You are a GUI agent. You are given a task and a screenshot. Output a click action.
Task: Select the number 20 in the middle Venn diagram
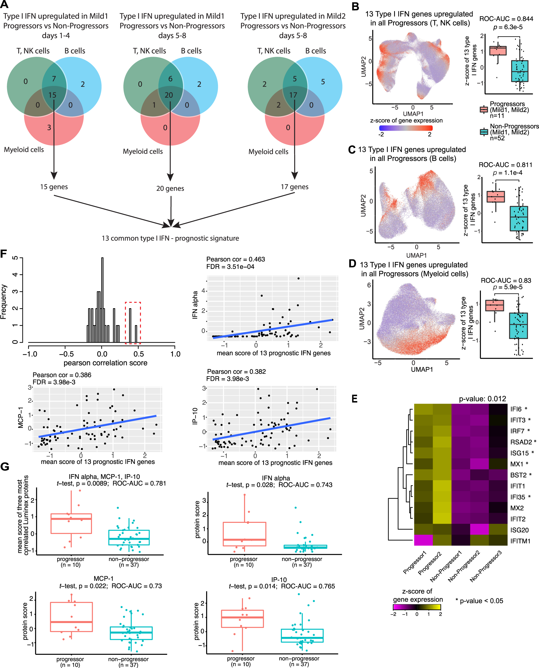(x=169, y=95)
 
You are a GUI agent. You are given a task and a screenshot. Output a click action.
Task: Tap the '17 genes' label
(x=294, y=187)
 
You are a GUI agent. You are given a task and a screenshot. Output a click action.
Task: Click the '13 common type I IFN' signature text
(x=170, y=238)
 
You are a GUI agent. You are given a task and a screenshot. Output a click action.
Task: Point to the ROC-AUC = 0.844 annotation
(x=506, y=19)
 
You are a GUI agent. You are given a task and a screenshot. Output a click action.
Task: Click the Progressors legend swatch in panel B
(x=484, y=110)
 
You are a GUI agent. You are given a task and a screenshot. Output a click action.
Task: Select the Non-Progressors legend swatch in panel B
(x=484, y=132)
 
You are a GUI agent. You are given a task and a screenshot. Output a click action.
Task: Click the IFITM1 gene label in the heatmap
(x=520, y=541)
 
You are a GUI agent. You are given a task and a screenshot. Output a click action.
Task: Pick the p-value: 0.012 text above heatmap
(x=482, y=399)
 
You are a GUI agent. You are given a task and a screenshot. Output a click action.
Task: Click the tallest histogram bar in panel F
(x=103, y=300)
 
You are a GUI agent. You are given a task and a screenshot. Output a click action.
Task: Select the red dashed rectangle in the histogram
(x=133, y=323)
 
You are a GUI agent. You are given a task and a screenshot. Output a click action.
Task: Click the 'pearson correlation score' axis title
(x=105, y=363)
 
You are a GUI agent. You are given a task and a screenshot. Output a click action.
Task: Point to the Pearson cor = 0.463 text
(x=235, y=259)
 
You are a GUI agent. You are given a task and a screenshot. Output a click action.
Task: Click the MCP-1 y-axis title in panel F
(x=21, y=418)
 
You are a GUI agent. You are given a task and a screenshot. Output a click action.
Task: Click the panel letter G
(x=5, y=467)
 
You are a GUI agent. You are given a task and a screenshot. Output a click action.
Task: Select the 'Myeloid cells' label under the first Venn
(x=24, y=150)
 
